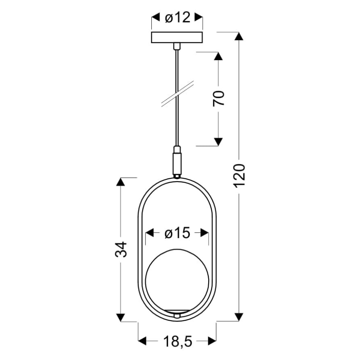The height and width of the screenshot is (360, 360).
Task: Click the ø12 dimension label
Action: pos(178,18)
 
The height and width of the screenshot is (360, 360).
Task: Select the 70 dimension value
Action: pos(219,98)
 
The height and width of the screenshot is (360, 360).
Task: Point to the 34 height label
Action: pos(121,249)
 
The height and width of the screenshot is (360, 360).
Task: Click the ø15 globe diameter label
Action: pos(177,234)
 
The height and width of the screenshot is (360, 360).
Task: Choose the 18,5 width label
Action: pos(177,341)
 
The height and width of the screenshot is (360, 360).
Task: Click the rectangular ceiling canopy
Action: pos(178,37)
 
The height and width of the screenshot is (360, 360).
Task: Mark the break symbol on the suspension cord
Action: pos(178,94)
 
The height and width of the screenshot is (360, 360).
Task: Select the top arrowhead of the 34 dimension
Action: pos(121,182)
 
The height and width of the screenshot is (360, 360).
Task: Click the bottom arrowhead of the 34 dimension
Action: pos(121,317)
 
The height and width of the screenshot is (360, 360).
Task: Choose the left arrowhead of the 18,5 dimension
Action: pos(143,341)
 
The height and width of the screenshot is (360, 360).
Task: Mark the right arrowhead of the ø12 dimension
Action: pos(199,18)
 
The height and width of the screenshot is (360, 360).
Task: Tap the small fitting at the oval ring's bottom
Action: pos(178,315)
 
